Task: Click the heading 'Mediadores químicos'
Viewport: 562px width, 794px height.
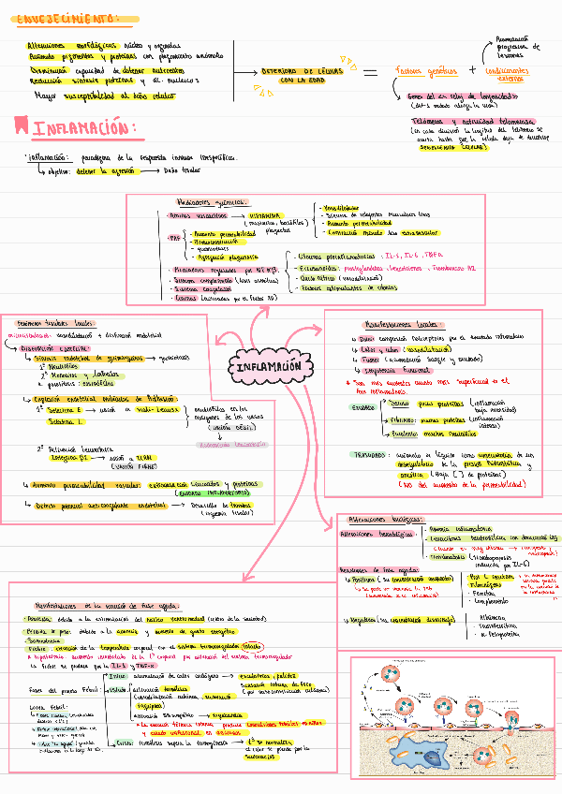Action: (211, 201)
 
